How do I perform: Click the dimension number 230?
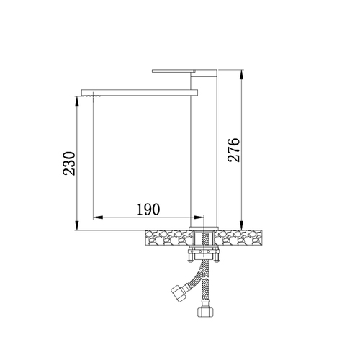[69, 163]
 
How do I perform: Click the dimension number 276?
[234, 150]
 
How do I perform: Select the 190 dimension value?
[148, 209]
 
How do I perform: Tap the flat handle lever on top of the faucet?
[174, 71]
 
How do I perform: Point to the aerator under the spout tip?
[92, 96]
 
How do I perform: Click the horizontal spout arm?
[140, 92]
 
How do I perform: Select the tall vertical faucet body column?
[204, 148]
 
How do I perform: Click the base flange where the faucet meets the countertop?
[204, 229]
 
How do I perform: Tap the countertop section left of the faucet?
[169, 238]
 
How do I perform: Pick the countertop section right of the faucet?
[238, 238]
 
